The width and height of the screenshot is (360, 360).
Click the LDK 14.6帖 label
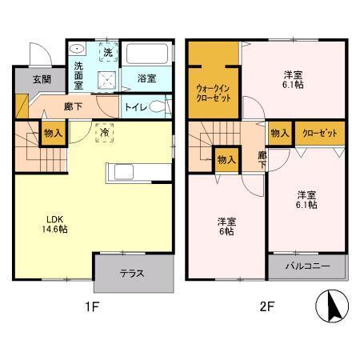pyautogui.click(x=54, y=223)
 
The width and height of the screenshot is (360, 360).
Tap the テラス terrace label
pyautogui.click(x=132, y=274)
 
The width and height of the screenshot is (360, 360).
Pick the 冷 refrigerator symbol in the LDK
pyautogui.click(x=105, y=134)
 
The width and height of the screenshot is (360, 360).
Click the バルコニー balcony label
pyautogui.click(x=306, y=267)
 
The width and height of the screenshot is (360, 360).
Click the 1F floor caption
pyautogui.click(x=92, y=307)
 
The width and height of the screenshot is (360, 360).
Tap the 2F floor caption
pyautogui.click(x=266, y=307)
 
